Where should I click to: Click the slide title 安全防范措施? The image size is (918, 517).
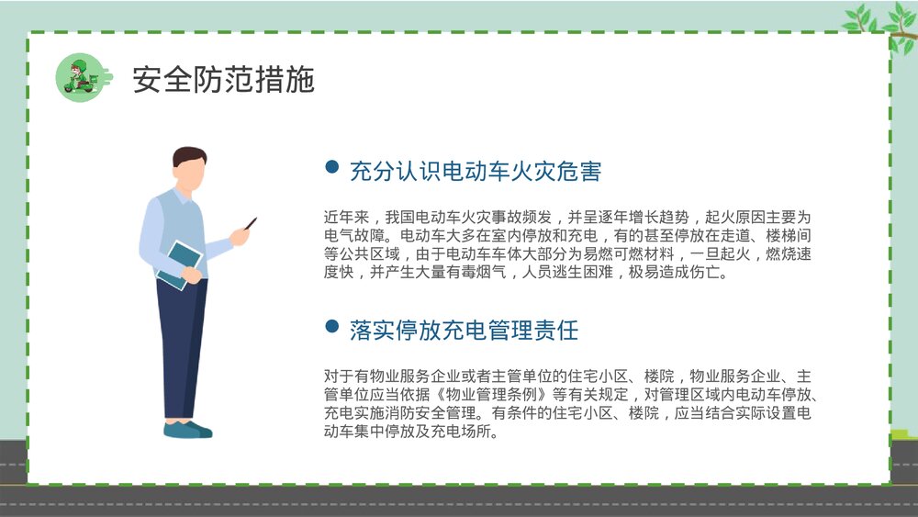point(223,80)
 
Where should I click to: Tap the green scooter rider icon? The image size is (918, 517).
point(79,76)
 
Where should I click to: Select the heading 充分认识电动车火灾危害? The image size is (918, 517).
point(476,171)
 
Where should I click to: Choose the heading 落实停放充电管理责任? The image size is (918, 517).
point(464,330)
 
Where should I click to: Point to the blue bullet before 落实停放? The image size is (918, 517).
point(332,328)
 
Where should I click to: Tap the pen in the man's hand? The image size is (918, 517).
point(250,223)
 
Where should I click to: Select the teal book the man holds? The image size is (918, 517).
point(179,262)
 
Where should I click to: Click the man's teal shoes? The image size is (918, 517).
point(187,429)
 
